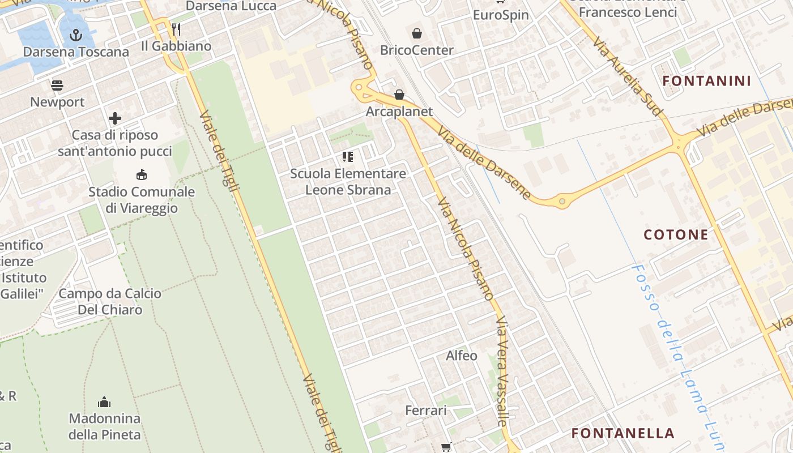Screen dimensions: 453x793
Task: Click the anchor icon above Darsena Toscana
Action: pos(75,36)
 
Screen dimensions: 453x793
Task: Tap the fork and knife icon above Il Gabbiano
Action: pos(176,29)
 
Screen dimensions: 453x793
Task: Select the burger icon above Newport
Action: pos(57,86)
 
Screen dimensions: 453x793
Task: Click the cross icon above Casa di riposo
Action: pos(115,118)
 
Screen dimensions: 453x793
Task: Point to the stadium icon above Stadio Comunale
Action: pos(141,175)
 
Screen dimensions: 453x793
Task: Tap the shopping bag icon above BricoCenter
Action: pos(417,33)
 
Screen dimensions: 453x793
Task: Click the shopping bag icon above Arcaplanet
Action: pos(399,95)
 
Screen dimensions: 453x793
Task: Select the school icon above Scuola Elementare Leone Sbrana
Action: pos(348,157)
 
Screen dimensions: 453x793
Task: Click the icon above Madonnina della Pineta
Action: pos(104,403)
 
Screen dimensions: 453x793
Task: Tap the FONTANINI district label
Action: pos(706,81)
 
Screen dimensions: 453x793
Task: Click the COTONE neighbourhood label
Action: pos(676,234)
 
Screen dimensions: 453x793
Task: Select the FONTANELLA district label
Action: pos(623,433)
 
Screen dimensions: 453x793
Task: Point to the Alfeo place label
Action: pos(462,356)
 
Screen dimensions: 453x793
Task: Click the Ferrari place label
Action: pos(426,411)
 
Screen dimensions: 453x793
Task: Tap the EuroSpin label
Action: pos(501,15)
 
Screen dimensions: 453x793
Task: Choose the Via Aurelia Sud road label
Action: pos(628,76)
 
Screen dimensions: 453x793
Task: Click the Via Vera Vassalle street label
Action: pos(503,371)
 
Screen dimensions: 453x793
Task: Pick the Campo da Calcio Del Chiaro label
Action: pos(110,301)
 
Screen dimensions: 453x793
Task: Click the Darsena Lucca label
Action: pos(231,6)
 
